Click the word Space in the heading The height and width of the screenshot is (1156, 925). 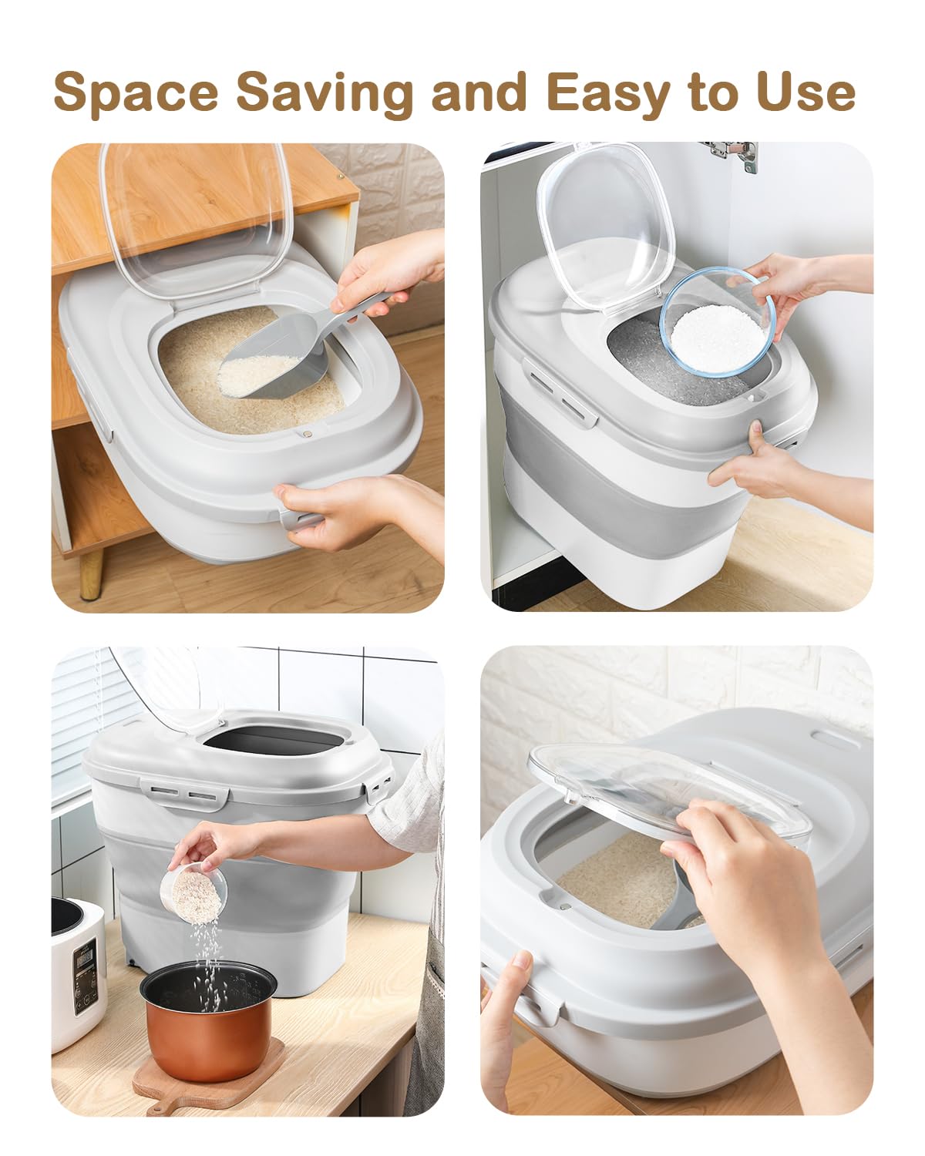click(x=136, y=92)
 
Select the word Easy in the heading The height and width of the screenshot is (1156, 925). click(x=607, y=92)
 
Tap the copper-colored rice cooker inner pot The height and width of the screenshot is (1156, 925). click(x=208, y=1017)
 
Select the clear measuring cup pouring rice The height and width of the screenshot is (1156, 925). click(x=193, y=894)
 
